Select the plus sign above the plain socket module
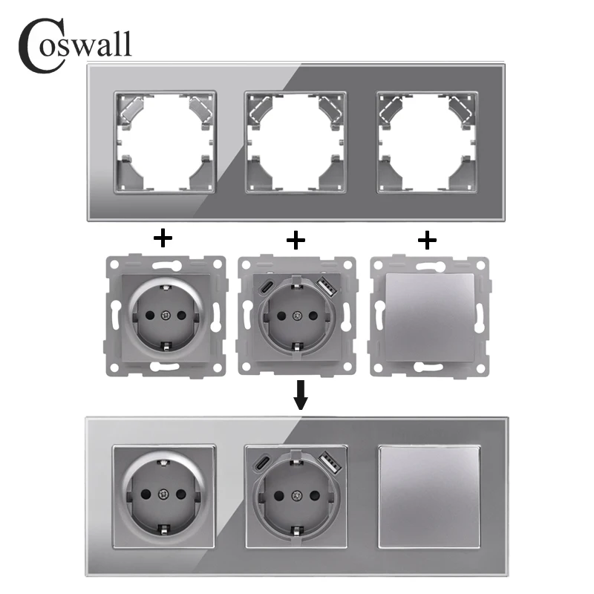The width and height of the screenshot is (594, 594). pos(162,238)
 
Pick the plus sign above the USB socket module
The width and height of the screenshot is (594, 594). pos(296,238)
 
